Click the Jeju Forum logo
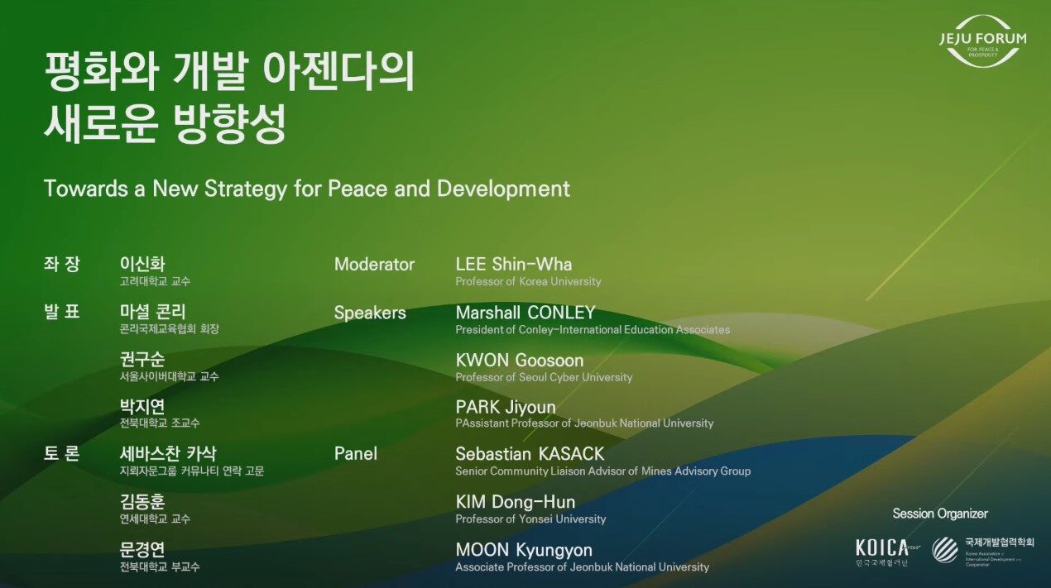982,40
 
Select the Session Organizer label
939,514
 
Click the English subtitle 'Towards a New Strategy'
307,189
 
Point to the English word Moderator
374,265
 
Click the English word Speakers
370,313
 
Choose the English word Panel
355,454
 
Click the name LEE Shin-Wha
513,265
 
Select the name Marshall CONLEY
525,313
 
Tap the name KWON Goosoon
519,361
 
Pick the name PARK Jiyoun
505,407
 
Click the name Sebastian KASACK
530,454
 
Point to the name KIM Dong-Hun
515,502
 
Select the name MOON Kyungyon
524,550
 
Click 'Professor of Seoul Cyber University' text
544,377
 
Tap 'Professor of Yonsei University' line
530,519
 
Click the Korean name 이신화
142,265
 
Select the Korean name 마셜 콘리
153,313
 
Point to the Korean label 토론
61,454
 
